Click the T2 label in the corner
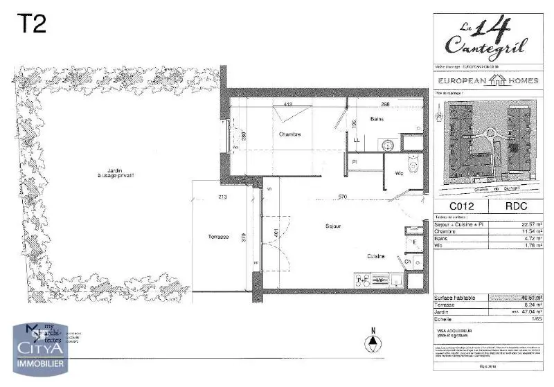[31, 24]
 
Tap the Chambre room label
[289, 134]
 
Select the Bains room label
[377, 120]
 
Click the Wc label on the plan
[399, 173]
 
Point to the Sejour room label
[334, 226]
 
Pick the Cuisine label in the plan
[377, 256]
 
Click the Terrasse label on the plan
[218, 237]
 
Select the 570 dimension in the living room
[343, 197]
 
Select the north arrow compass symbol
[373, 341]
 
